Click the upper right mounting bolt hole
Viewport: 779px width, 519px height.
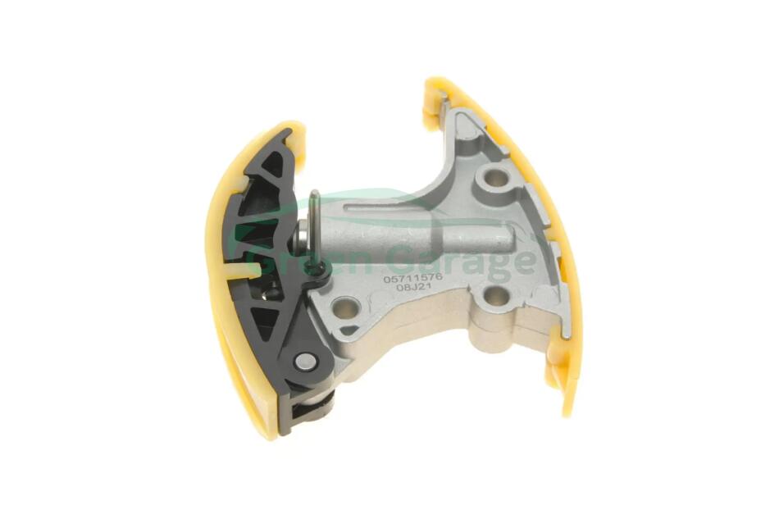494,176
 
